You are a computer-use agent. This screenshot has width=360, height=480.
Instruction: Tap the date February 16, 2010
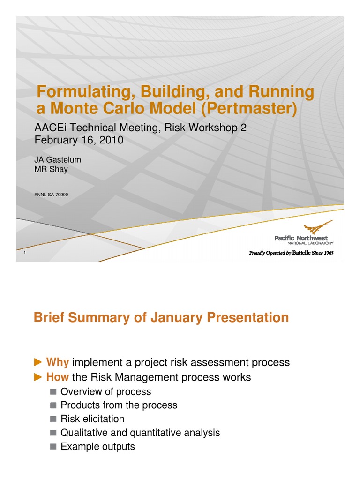click(79, 140)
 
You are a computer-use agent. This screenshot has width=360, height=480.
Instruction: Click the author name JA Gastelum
click(58, 160)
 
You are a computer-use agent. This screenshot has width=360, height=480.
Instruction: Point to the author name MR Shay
click(51, 169)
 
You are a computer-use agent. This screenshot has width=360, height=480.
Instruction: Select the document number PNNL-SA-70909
click(52, 194)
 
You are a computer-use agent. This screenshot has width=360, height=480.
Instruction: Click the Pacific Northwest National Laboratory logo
click(305, 235)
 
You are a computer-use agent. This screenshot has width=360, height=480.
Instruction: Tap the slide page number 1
click(24, 254)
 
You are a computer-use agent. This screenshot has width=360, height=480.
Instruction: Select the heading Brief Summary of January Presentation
click(161, 318)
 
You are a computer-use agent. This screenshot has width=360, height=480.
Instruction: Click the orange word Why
click(58, 362)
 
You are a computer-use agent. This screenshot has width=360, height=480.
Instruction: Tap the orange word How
click(58, 377)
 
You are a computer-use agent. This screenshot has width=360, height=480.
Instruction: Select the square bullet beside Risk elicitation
click(53, 419)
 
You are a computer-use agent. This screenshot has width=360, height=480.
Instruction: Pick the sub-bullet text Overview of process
click(106, 391)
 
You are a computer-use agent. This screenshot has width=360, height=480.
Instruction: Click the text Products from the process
click(119, 405)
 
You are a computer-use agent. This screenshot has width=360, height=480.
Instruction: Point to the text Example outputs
click(98, 446)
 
